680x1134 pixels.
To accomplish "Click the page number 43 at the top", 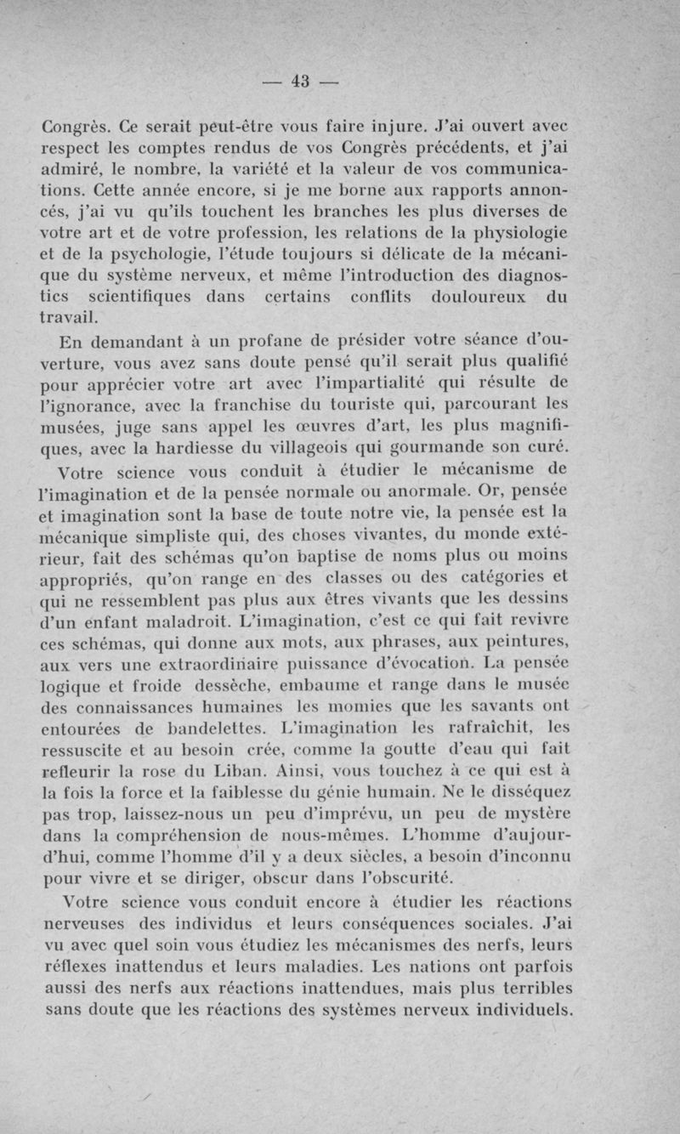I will pos(299,82).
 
